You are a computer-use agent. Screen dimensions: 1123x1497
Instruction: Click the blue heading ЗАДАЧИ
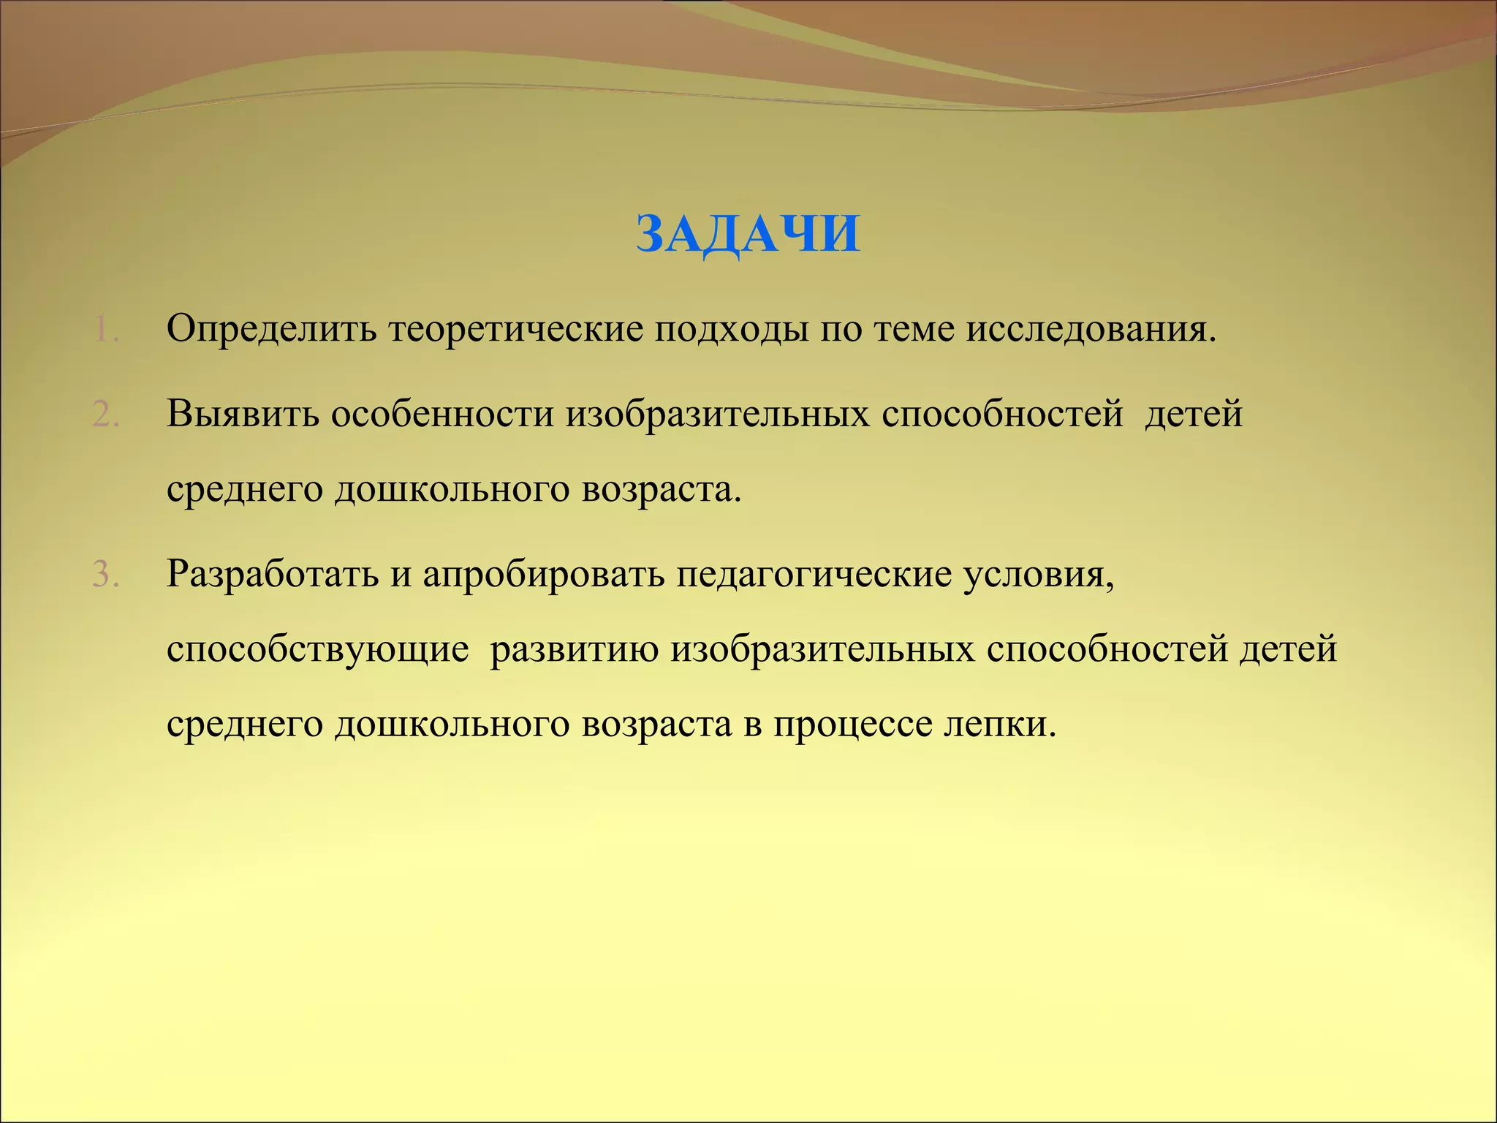tap(748, 235)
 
